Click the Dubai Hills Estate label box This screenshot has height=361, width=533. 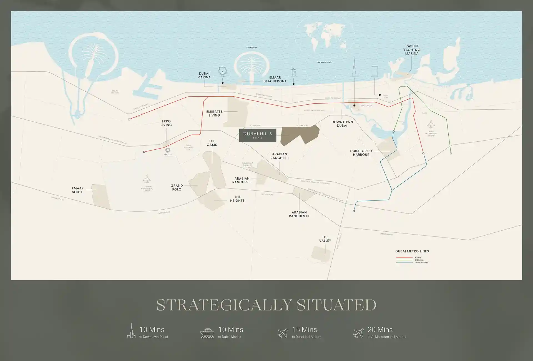[x=258, y=135]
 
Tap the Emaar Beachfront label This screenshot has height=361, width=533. [x=275, y=79]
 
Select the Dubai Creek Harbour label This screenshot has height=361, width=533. [x=361, y=153]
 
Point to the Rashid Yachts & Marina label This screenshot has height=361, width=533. [x=412, y=50]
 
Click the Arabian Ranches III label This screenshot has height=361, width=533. [x=299, y=214]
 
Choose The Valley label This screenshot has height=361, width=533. [x=325, y=239]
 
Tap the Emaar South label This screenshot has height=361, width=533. [x=78, y=190]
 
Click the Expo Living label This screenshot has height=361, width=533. [x=166, y=123]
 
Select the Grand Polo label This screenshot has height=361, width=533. [x=177, y=187]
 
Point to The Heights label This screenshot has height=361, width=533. [x=237, y=199]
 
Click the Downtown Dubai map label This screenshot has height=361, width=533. [x=342, y=124]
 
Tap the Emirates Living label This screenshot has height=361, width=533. [x=214, y=113]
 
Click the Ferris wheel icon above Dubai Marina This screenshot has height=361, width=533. [x=222, y=71]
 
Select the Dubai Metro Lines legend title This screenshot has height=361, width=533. [x=412, y=251]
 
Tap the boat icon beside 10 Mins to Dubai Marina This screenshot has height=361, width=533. [x=207, y=333]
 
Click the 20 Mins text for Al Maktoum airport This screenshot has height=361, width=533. [x=380, y=330]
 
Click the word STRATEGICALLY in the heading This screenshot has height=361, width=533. [x=224, y=305]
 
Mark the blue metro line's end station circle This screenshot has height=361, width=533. [x=354, y=211]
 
